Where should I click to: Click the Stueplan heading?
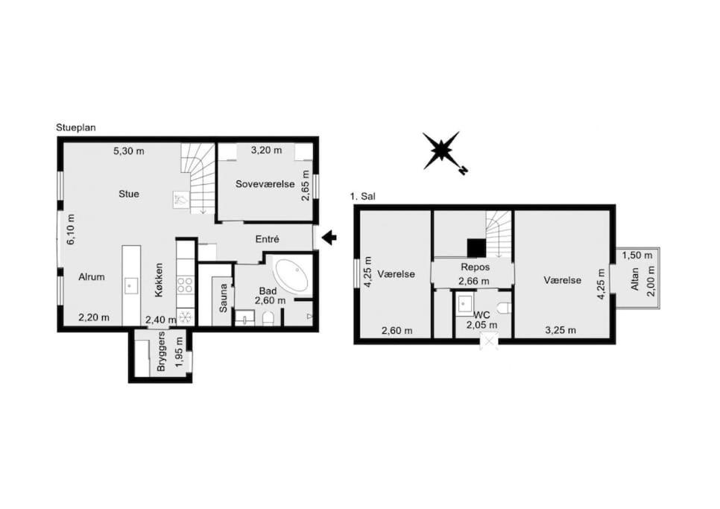tap(76, 127)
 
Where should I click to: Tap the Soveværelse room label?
tap(265, 184)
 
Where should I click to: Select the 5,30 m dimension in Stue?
tap(128, 151)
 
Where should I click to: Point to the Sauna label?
tap(223, 298)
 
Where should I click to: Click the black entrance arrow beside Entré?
tap(329, 238)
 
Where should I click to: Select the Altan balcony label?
tap(635, 279)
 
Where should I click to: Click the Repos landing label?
tap(476, 267)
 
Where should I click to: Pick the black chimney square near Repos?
tap(476, 248)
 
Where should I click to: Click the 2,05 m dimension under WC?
tap(481, 325)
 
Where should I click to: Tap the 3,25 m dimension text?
tap(560, 329)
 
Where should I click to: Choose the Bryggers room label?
tap(161, 352)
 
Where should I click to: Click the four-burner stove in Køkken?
tap(185, 284)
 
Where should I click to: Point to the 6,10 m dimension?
tap(71, 229)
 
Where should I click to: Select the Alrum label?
tap(92, 276)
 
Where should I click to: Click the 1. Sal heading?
tap(362, 197)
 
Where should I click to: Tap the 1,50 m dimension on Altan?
tap(637, 255)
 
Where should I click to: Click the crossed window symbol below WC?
tap(489, 342)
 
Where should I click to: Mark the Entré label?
tap(268, 239)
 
